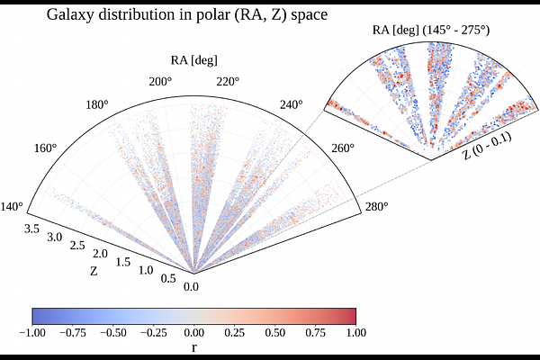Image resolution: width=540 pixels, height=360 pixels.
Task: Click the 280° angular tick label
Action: [x=376, y=208]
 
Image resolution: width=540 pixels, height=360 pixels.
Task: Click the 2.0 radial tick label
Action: [x=99, y=253]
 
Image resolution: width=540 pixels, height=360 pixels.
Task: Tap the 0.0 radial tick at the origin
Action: [x=192, y=288]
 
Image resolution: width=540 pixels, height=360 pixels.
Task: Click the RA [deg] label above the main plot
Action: [x=193, y=61]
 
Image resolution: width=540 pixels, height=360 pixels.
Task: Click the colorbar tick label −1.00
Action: [x=32, y=332]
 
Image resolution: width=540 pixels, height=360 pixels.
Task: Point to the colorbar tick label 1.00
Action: [x=356, y=332]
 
